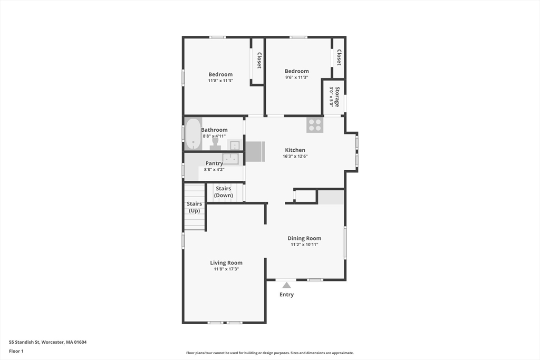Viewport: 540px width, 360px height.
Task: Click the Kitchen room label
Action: point(295,150)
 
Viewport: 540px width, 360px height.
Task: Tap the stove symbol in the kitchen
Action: point(315,125)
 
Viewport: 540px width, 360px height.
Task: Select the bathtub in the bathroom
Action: point(193,134)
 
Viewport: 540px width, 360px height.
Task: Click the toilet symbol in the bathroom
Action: point(215,144)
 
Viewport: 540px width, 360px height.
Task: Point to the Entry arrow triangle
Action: point(286,285)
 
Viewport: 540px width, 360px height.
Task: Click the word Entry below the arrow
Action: point(286,295)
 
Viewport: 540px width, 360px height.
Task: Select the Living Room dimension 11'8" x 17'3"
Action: point(226,269)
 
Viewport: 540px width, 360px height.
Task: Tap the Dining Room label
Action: point(304,238)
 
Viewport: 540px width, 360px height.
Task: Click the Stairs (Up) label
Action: point(194,207)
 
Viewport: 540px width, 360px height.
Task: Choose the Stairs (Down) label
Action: point(224,192)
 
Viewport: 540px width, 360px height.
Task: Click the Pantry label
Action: point(214,163)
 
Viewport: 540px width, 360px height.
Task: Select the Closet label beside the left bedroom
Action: point(259,61)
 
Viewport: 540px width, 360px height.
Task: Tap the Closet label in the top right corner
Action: point(339,57)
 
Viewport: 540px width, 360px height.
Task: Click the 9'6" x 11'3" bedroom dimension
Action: point(296,77)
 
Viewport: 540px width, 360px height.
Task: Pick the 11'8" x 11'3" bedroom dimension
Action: point(220,81)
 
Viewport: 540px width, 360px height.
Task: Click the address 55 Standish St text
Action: point(48,342)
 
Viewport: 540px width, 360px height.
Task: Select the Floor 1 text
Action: point(16,351)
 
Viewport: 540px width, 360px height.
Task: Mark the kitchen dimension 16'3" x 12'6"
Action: point(295,156)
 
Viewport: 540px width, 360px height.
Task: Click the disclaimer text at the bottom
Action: point(269,353)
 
